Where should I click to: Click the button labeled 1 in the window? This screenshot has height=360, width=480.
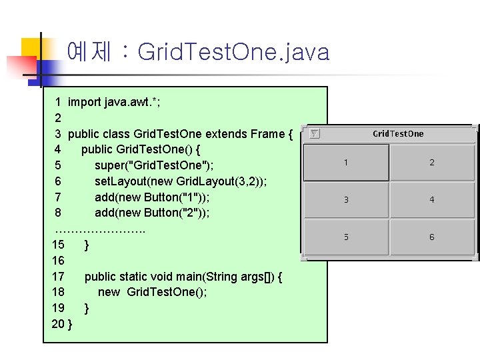coord(346,163)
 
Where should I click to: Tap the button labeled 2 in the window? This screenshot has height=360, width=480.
coord(432,163)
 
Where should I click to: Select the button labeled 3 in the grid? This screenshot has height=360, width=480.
coord(346,199)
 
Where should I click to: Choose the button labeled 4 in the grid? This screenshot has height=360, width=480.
coord(432,199)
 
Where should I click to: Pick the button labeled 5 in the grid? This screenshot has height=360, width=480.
coord(346,237)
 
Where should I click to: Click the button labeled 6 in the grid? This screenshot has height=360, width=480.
coord(432,237)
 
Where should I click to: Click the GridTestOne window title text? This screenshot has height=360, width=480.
coord(398,133)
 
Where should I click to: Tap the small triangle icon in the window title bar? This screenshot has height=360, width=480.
coord(315,133)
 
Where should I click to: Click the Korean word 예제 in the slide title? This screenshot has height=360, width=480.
coord(89,51)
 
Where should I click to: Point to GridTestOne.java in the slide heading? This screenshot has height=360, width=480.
coord(233,52)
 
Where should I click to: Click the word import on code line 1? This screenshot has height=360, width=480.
coord(85,102)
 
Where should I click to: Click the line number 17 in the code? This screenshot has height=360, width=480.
coord(58,277)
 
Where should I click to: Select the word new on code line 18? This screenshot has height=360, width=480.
coord(109,292)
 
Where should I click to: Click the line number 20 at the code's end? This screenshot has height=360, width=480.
coord(58,324)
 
